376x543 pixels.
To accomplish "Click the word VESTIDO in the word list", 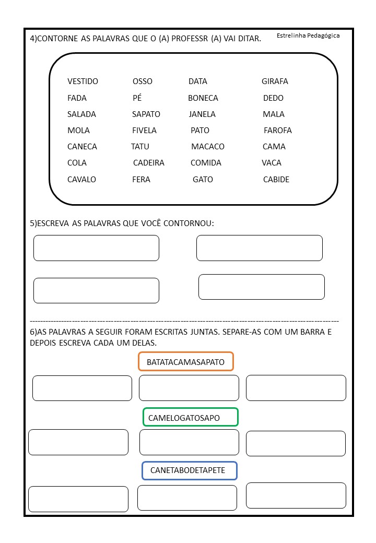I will [83, 81].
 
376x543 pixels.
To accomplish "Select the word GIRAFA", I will [275, 81].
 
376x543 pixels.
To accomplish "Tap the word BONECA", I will [203, 98].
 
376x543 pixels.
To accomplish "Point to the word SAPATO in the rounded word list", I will [146, 114].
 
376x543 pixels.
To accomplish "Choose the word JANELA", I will [202, 114].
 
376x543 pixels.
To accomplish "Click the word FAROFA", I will [278, 131].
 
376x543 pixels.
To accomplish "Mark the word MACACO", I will [208, 147].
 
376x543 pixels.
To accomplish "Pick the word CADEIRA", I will [149, 163].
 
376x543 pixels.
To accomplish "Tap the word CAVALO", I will [82, 180].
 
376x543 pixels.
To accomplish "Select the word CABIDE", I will [276, 180].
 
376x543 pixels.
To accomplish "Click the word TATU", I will [140, 147].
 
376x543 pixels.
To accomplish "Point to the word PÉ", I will [137, 98].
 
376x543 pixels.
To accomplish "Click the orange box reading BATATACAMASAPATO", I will [185, 362].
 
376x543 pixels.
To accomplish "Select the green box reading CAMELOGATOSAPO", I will [191, 418].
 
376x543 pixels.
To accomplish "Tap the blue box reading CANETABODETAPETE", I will [189, 470].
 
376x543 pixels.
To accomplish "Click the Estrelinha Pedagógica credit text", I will [308, 36].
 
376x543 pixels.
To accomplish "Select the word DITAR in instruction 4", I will [250, 39].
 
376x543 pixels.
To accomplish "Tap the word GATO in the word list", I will [203, 180].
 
